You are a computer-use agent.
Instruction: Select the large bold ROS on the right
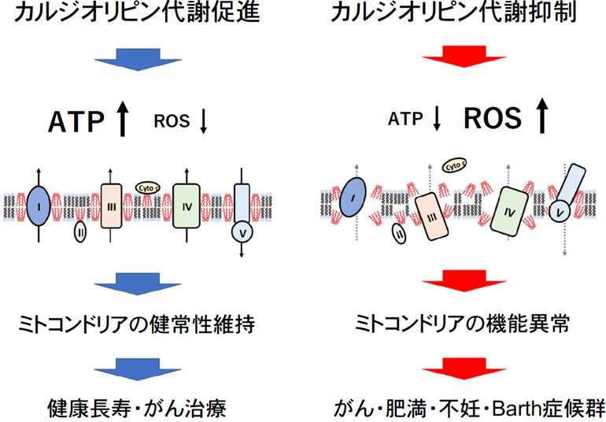493,118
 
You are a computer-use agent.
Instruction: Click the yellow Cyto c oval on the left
148,187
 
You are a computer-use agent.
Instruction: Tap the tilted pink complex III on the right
430,216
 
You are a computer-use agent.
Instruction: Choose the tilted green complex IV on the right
507,213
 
